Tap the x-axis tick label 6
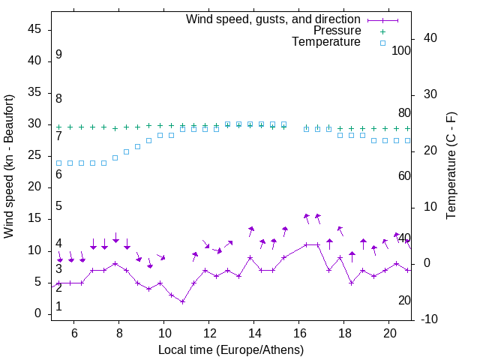74,332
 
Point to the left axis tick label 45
34,29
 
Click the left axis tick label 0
37,313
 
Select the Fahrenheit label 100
401,50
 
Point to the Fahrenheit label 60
404,175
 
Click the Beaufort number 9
58,55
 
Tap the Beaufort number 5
58,206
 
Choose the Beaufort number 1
58,307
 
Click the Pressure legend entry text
337,31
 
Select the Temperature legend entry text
326,42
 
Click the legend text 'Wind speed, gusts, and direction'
274,19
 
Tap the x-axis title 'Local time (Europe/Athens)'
231,350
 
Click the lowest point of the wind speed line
182,301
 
